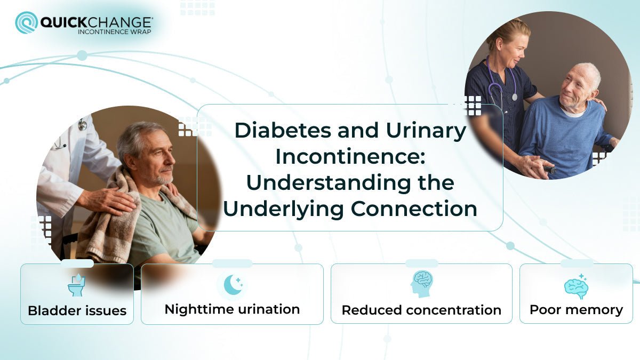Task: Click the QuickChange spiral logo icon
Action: tap(26, 22)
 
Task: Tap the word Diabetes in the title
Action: tap(281, 131)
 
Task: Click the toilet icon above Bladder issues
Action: tap(77, 285)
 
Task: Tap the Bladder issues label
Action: tap(77, 310)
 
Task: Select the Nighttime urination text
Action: tap(232, 309)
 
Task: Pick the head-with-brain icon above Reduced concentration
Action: tap(422, 284)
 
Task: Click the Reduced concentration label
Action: tap(421, 310)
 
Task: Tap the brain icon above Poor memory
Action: tap(576, 286)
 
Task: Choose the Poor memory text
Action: tap(576, 309)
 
